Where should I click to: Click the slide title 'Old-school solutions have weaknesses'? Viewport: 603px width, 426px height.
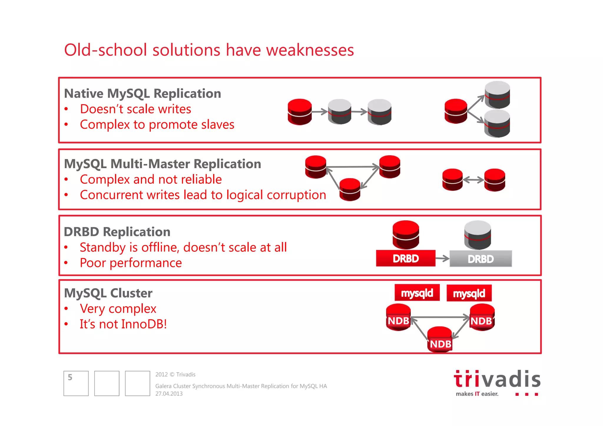[x=209, y=50]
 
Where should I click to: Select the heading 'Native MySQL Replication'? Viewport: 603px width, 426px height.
[x=143, y=93]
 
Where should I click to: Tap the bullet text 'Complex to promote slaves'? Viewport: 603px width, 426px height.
[x=157, y=125]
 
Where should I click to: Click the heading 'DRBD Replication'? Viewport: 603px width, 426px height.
[x=117, y=232]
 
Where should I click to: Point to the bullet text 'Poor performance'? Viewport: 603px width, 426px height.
[x=131, y=263]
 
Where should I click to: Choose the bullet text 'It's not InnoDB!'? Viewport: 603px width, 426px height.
[x=123, y=324]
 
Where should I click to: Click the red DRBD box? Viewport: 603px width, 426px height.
[x=405, y=258]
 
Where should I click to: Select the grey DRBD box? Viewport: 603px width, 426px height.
[x=481, y=259]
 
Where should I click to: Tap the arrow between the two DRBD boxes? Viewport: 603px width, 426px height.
[x=442, y=258]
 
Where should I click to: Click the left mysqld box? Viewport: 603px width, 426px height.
[x=417, y=293]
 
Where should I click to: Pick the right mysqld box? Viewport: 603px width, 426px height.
[x=469, y=293]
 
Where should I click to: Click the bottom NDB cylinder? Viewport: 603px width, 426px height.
[x=440, y=339]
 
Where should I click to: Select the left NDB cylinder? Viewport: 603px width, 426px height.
[x=398, y=317]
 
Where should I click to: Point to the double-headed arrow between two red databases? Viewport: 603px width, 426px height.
[x=473, y=180]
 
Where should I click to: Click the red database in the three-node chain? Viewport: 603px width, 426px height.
[x=299, y=112]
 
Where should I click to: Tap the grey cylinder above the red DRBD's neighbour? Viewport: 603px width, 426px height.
[x=477, y=235]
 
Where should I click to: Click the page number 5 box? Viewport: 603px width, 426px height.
[x=76, y=383]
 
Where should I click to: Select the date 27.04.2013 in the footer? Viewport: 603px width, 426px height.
[x=169, y=394]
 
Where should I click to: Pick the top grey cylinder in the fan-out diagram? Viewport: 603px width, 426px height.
[x=497, y=95]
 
